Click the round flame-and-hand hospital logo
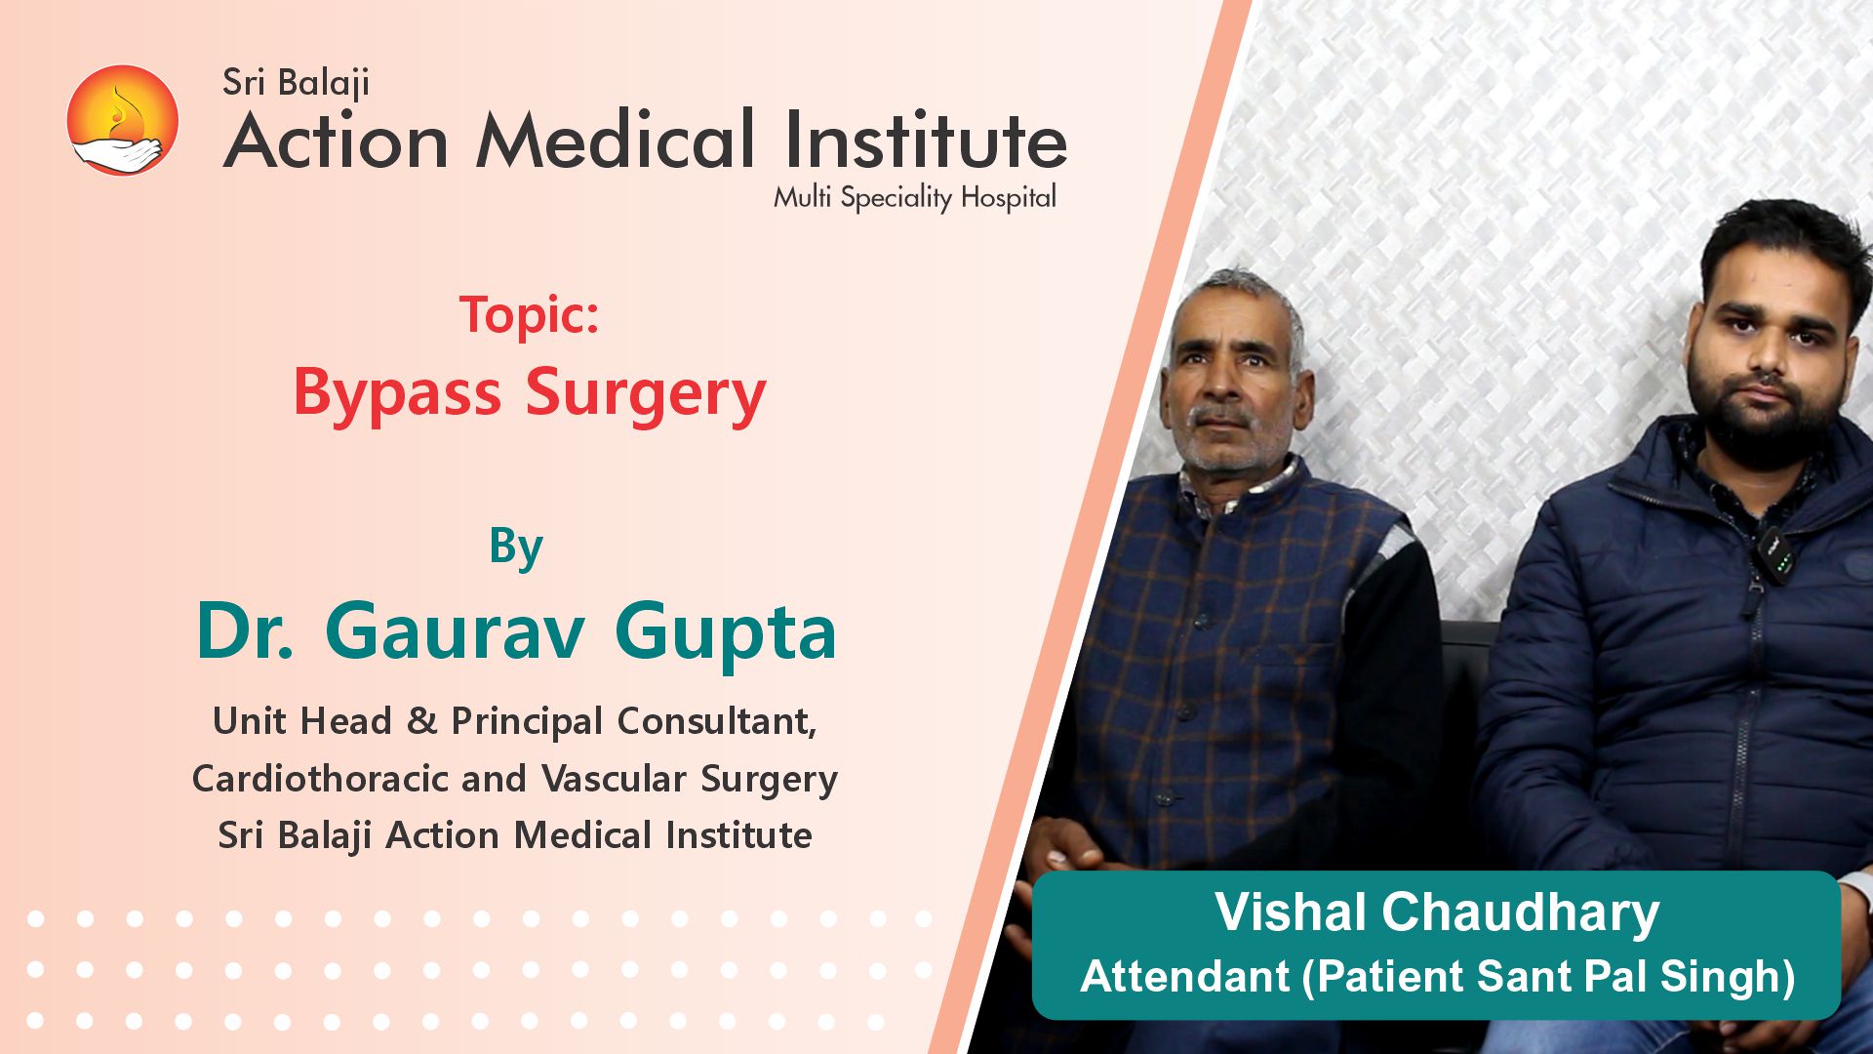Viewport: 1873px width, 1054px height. [x=123, y=120]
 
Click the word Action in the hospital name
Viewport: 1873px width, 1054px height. [x=336, y=140]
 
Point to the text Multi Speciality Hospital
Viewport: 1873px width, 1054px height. [x=915, y=198]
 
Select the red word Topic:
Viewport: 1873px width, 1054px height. [x=529, y=315]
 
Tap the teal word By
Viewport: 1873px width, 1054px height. [x=516, y=548]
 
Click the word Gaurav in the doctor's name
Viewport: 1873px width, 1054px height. [x=455, y=631]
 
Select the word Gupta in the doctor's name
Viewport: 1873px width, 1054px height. [x=726, y=634]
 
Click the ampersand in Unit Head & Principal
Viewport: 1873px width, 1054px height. [x=421, y=721]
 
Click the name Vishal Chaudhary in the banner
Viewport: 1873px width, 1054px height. [x=1437, y=912]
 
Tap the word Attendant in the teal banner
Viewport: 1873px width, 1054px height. [x=1185, y=976]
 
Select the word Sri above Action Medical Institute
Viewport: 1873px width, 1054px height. [x=244, y=82]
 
